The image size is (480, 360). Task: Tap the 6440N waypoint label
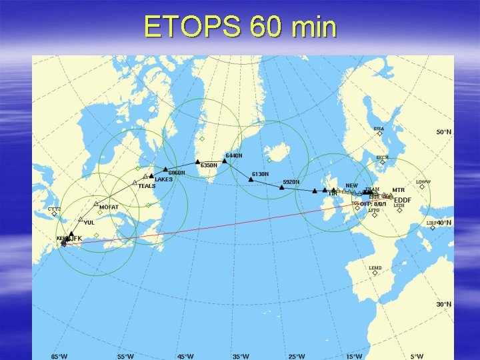tap(234, 155)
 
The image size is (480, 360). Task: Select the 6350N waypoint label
tap(209, 165)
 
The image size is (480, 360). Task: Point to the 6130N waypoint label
tap(260, 174)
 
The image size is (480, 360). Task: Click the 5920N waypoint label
tap(291, 182)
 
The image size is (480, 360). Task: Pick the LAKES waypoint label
tap(163, 179)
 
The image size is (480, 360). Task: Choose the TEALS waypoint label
tap(147, 186)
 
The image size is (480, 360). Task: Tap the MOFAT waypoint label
tap(109, 207)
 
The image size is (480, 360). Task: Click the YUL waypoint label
tap(89, 223)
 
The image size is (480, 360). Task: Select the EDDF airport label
tap(403, 200)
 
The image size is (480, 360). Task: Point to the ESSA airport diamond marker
tap(379, 133)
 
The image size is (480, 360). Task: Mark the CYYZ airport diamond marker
tap(54, 214)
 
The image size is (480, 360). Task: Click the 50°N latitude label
tap(444, 132)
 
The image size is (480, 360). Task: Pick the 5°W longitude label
tap(416, 356)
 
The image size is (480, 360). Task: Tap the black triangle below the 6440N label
tap(225, 161)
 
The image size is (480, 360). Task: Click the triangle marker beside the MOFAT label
tap(95, 204)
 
